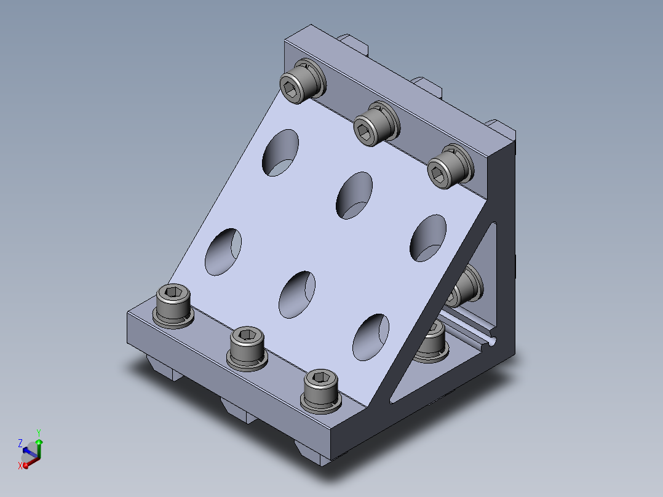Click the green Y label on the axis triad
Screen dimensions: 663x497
click(39, 433)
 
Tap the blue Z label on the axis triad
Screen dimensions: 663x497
click(20, 443)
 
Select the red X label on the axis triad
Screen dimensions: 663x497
click(20, 466)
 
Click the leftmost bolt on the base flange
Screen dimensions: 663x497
click(173, 306)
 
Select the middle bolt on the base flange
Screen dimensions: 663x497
click(247, 349)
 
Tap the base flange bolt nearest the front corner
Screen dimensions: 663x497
click(321, 391)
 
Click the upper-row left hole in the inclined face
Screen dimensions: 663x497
click(280, 153)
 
